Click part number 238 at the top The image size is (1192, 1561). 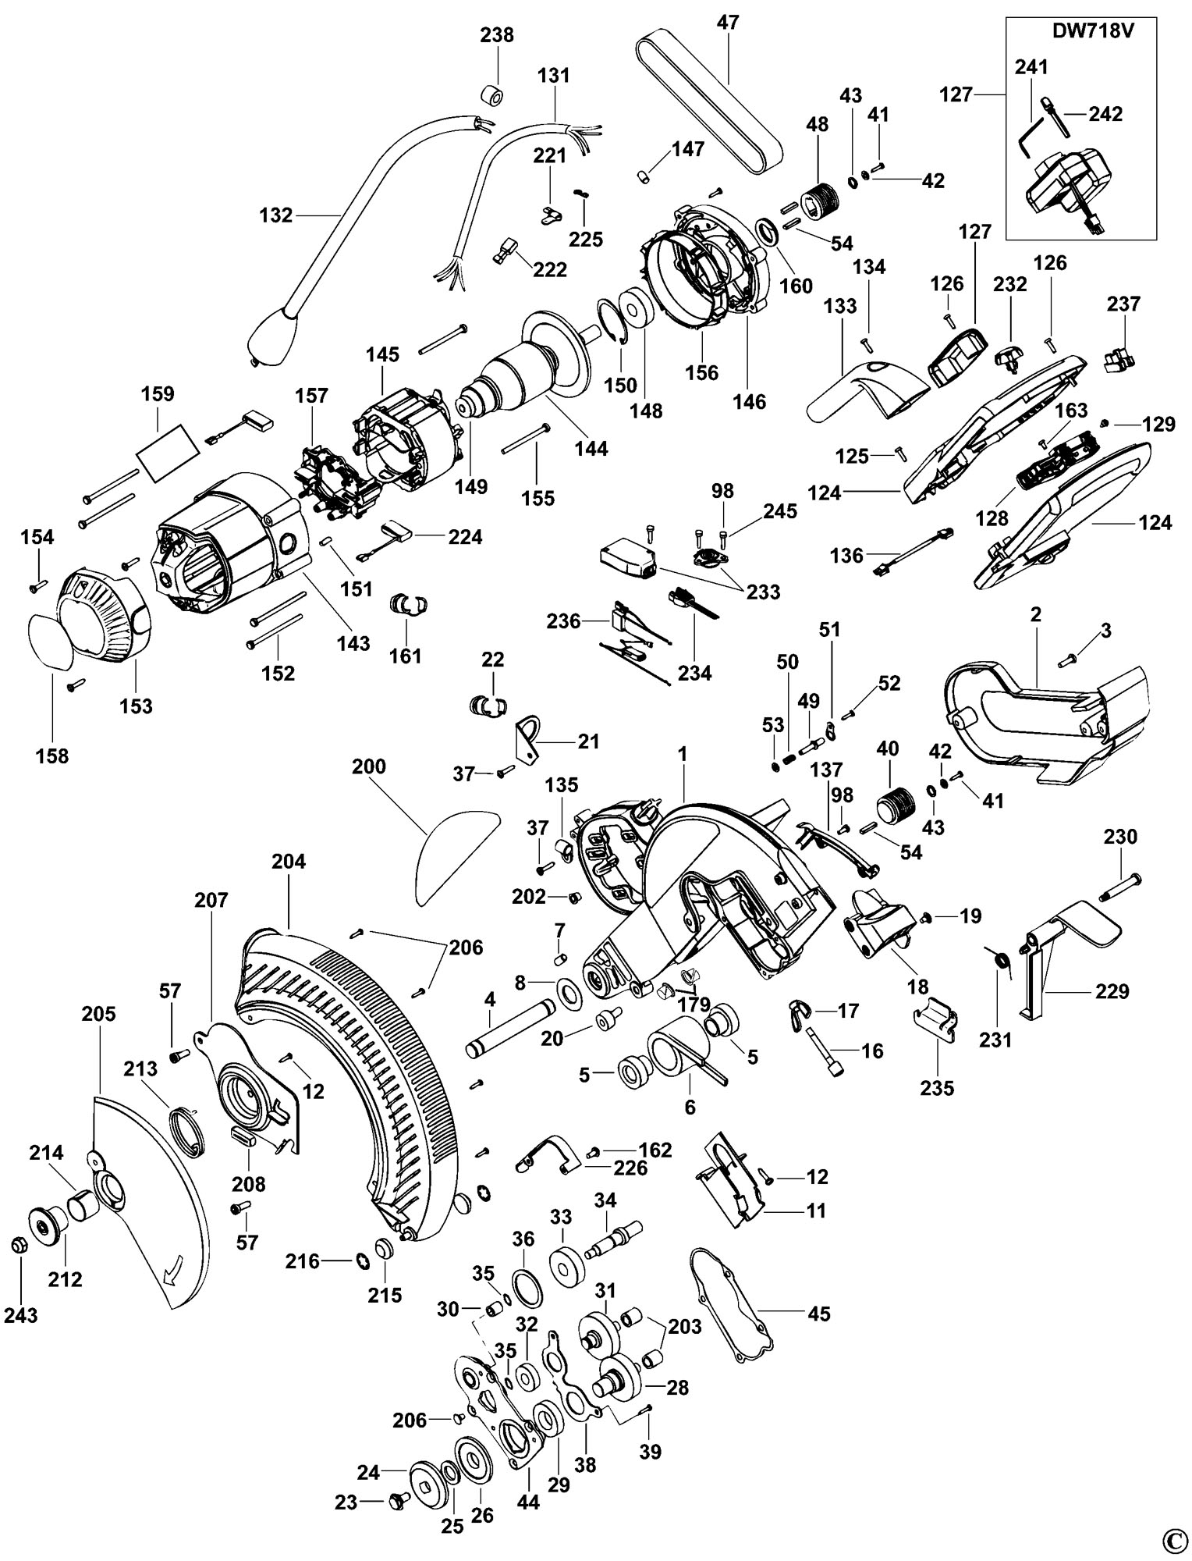click(x=497, y=35)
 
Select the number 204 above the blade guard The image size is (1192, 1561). click(x=289, y=862)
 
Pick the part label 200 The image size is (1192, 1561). click(x=368, y=766)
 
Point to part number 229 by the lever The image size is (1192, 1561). click(x=1112, y=992)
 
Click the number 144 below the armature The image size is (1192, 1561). click(x=592, y=448)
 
